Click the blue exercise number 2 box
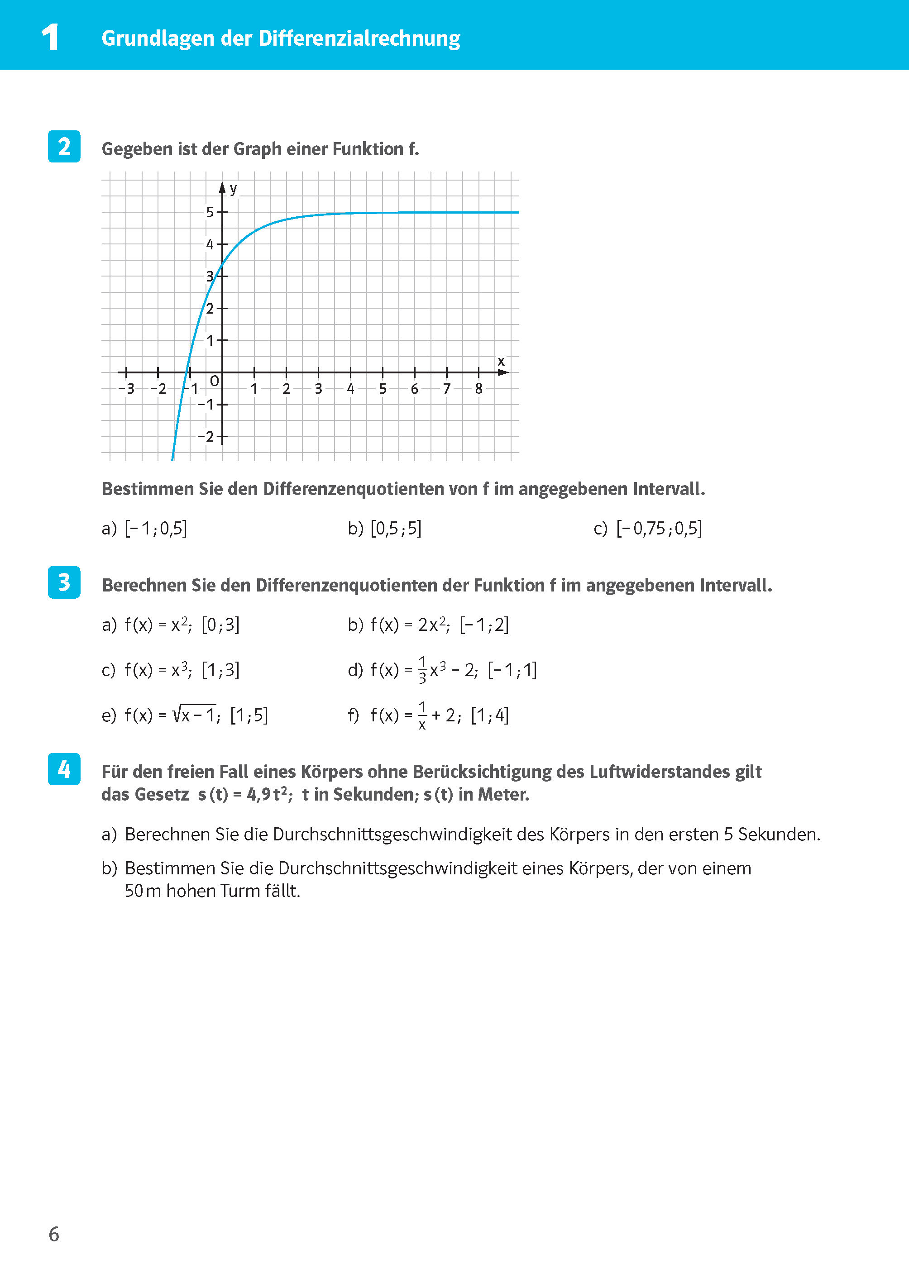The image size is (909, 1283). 64,147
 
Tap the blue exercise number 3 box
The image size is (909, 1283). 64,582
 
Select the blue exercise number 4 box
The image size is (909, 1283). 64,769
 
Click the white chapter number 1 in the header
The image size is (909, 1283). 50,38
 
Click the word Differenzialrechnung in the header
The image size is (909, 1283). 359,38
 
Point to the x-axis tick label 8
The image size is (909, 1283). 478,389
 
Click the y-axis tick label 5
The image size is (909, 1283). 210,212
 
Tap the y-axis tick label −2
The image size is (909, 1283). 206,436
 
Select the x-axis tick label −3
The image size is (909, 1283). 126,389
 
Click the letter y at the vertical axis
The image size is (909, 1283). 234,189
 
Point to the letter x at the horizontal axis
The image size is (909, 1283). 501,362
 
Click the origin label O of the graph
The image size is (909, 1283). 215,381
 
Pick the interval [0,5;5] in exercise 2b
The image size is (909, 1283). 396,528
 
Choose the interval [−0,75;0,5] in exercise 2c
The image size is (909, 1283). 659,528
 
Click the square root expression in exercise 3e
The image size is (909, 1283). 194,715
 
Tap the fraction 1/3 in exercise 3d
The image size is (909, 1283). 423,670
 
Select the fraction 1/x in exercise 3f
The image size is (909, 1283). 422,715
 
